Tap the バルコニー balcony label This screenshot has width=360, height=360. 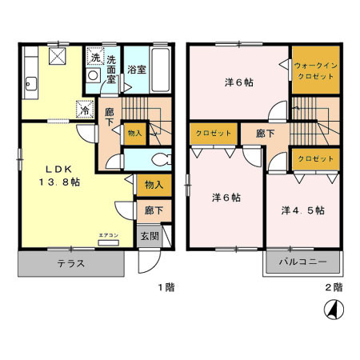(302, 263)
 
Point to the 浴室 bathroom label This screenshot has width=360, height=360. (136, 69)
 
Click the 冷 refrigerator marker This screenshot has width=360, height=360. (83, 110)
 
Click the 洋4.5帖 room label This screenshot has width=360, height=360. (302, 210)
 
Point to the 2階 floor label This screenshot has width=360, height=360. (334, 286)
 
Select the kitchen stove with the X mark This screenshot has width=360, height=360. (57, 56)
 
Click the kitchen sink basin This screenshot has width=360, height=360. (31, 81)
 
